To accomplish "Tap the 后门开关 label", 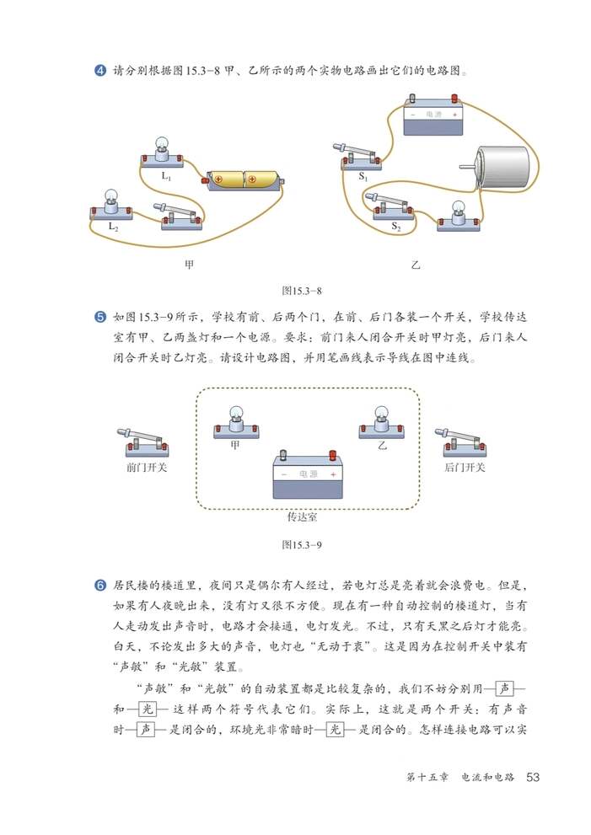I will (463, 467).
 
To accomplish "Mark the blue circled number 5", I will (99, 318).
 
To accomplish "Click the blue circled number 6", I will (99, 584).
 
